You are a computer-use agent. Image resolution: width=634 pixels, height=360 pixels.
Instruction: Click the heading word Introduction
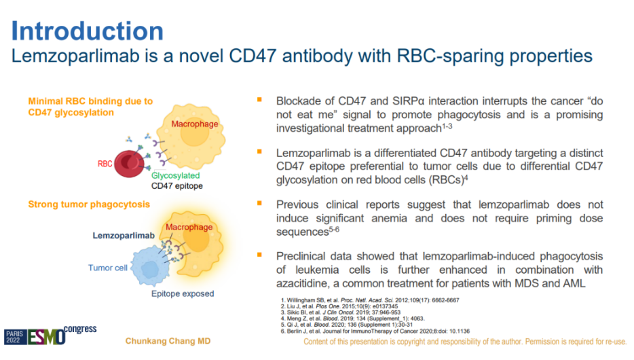click(88, 31)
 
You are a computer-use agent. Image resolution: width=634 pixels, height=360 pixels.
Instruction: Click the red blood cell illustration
click(129, 164)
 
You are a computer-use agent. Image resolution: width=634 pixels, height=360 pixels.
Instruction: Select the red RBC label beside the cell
click(105, 164)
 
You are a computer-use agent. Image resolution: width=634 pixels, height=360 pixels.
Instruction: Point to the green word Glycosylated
click(176, 175)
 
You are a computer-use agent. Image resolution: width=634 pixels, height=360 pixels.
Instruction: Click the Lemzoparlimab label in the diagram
click(124, 236)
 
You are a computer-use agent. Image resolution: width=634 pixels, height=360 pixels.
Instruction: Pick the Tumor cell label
click(107, 268)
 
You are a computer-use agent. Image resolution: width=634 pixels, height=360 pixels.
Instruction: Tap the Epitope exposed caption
click(183, 293)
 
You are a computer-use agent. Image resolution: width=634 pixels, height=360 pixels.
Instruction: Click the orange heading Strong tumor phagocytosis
click(89, 204)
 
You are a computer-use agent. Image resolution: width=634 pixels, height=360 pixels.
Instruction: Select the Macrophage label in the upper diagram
click(195, 124)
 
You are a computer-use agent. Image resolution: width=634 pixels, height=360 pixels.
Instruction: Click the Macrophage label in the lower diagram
click(189, 227)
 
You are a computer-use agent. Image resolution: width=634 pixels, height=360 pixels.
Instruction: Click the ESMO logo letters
click(46, 336)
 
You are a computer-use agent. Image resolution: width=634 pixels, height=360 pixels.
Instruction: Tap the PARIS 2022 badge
click(15, 337)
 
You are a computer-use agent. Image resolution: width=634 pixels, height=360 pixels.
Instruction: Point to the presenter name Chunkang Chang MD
click(168, 341)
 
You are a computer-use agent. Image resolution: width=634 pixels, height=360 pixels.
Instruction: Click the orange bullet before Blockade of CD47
click(259, 99)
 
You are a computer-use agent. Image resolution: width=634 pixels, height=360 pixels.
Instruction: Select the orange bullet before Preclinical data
click(259, 255)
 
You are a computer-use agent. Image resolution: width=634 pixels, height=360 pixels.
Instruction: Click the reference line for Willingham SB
click(370, 300)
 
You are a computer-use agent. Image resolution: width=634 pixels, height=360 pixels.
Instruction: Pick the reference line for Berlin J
click(375, 331)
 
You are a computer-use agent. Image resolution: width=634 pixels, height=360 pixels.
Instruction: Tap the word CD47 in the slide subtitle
click(253, 56)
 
